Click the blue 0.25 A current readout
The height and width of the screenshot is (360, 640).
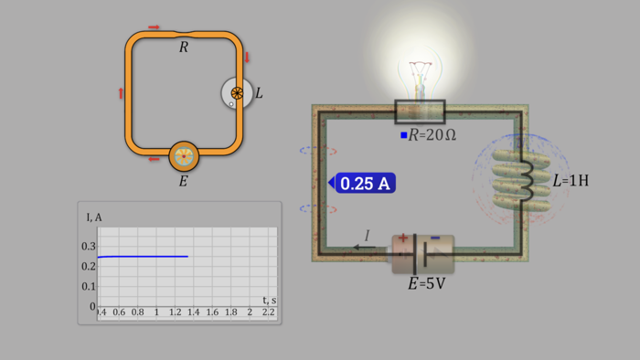[366, 184]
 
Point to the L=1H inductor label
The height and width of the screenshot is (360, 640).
[571, 181]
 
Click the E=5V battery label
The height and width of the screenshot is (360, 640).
[426, 284]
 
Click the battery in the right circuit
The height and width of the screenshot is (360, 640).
[422, 253]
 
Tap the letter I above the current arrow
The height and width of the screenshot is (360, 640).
[368, 236]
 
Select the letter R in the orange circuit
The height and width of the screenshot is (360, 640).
[184, 47]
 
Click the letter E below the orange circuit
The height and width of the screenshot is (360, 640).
[183, 181]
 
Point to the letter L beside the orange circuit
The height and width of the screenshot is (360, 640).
[259, 93]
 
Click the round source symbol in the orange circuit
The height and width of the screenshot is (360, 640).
[184, 156]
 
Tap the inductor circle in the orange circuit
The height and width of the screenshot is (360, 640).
[235, 93]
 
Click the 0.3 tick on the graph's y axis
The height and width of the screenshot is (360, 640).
[88, 247]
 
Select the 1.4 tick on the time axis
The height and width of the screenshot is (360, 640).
[194, 312]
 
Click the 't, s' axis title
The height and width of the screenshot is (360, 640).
[269, 300]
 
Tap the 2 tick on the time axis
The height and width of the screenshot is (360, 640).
[250, 312]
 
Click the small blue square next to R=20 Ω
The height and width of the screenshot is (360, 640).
[403, 135]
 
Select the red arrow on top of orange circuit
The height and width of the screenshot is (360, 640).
[154, 27]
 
